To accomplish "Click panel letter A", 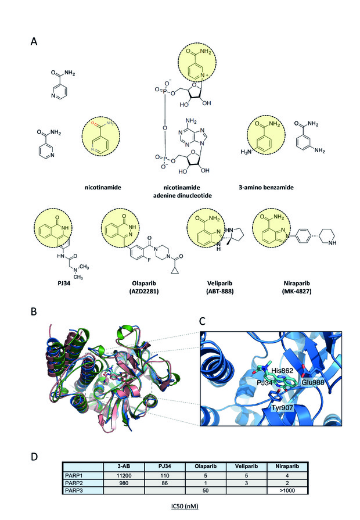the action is [34, 41].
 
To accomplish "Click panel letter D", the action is [34, 457].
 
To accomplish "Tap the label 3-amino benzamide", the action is [266, 187].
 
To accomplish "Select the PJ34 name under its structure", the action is [64, 284].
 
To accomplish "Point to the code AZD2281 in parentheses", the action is [144, 292].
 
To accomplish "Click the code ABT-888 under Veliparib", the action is [220, 292].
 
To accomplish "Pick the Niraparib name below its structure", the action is [297, 284].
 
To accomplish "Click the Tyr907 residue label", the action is [282, 408].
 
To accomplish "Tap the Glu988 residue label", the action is [312, 383].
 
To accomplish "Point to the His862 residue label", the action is [282, 371].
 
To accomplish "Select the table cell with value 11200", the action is [124, 475].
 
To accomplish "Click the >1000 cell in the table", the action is [287, 490].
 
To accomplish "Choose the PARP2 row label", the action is [73, 483].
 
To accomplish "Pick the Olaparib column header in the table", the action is [206, 467].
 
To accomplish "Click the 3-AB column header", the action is [124, 467].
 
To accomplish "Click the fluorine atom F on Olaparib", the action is [149, 260].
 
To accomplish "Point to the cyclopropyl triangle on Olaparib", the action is [175, 271].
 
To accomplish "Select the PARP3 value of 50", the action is [206, 490].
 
